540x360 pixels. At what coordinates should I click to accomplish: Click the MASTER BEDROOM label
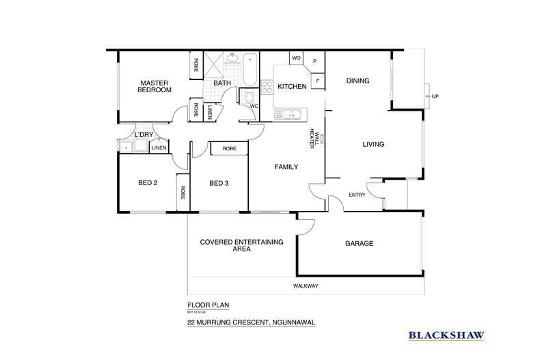(154, 86)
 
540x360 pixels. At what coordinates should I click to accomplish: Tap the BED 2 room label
(148, 182)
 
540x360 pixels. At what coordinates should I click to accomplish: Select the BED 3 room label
(219, 182)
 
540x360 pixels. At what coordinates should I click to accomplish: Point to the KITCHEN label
(291, 87)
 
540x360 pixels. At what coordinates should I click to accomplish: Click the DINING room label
(357, 81)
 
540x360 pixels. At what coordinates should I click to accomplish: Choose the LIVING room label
(373, 144)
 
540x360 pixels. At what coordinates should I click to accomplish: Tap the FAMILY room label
(286, 167)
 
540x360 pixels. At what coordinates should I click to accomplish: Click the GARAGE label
(359, 243)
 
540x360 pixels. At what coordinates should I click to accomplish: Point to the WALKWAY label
(306, 286)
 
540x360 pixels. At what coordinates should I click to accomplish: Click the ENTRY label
(357, 195)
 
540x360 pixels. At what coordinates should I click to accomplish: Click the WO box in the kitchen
(296, 58)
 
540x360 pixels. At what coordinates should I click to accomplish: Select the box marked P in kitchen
(315, 61)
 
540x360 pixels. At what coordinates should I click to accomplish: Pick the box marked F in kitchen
(318, 81)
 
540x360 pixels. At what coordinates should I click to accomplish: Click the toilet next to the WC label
(249, 96)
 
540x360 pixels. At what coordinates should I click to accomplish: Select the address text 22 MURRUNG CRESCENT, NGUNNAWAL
(251, 322)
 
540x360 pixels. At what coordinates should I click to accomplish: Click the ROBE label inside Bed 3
(229, 148)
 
